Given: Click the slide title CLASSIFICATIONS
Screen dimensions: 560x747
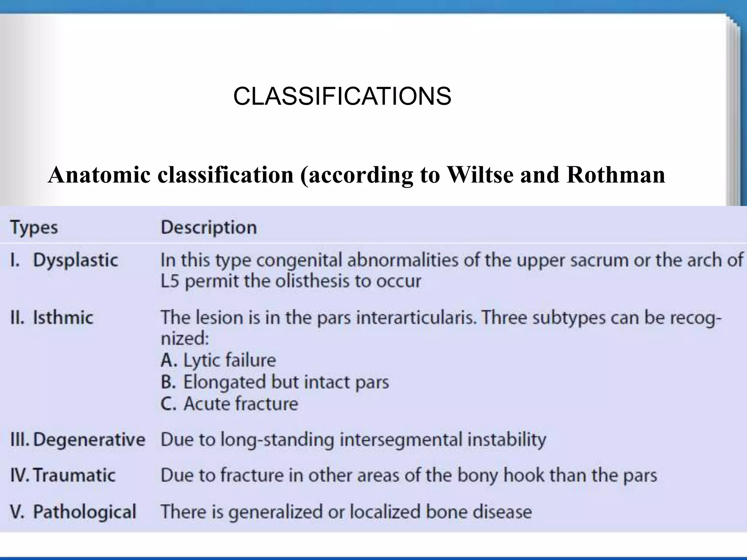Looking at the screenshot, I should (x=342, y=97).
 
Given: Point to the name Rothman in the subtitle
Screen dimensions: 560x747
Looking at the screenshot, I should (x=616, y=175).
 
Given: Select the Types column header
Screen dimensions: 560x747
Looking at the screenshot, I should (x=34, y=228).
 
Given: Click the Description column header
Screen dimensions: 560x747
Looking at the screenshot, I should (x=209, y=227).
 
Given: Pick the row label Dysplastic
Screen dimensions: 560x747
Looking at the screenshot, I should (x=76, y=260).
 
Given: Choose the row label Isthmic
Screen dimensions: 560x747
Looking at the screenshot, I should (x=63, y=318).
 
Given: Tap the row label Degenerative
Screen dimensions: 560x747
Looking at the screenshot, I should (x=89, y=439).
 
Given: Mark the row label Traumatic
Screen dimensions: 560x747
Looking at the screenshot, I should (x=74, y=475).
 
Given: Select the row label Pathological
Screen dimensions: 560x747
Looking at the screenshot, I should (x=85, y=512).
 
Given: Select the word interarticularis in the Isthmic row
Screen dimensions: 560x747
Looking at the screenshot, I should (x=416, y=318).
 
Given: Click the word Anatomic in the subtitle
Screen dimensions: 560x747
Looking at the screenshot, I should (x=99, y=175).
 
